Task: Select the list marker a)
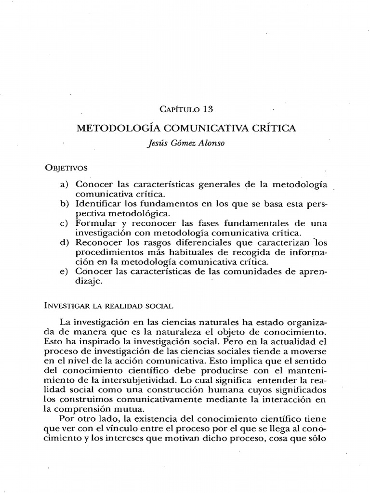65,185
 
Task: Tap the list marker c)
65,223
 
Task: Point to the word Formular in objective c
92,223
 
